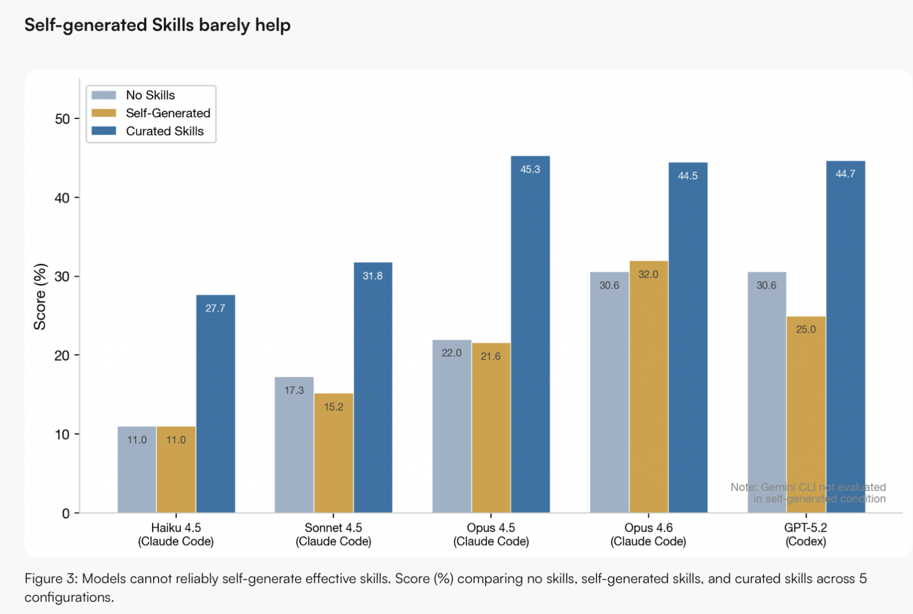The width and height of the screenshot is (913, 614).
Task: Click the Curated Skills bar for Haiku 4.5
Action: tap(215, 404)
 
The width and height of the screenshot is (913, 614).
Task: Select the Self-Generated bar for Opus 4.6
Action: tap(648, 387)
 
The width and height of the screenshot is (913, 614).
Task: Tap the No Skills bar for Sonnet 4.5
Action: tap(294, 445)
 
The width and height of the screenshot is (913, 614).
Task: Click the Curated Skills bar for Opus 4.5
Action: tap(530, 334)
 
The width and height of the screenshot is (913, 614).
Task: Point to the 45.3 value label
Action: tap(530, 169)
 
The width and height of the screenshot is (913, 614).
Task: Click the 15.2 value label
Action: tap(334, 407)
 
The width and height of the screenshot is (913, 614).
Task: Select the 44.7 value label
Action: tap(845, 174)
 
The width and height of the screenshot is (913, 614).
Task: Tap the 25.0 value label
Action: tap(806, 330)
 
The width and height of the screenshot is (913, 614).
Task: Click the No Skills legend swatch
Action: tap(104, 95)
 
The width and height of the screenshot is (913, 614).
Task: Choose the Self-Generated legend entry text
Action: tap(168, 113)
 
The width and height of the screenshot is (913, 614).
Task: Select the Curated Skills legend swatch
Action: tap(104, 131)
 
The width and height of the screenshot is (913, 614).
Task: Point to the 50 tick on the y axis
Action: tap(62, 119)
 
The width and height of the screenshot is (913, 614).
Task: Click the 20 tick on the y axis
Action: tap(62, 355)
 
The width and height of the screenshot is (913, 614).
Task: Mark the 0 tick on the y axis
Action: tap(66, 513)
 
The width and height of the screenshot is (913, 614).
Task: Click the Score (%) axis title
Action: tap(40, 297)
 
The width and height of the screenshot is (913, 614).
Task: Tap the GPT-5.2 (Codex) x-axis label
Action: tap(806, 534)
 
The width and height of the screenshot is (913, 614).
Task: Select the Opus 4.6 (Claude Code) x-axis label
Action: tap(648, 534)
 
